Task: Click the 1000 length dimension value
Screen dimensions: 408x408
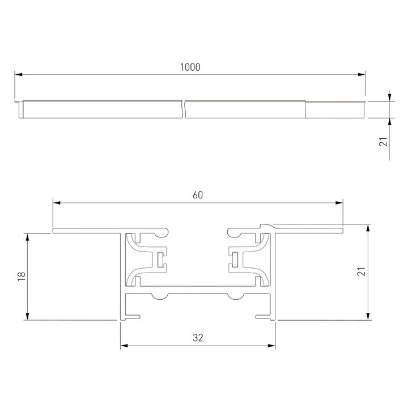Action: coord(190,67)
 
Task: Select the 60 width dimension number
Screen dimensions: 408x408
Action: coord(197,195)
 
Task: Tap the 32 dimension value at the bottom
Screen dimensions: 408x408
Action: coord(197,338)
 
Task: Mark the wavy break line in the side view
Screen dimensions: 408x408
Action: coord(185,109)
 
